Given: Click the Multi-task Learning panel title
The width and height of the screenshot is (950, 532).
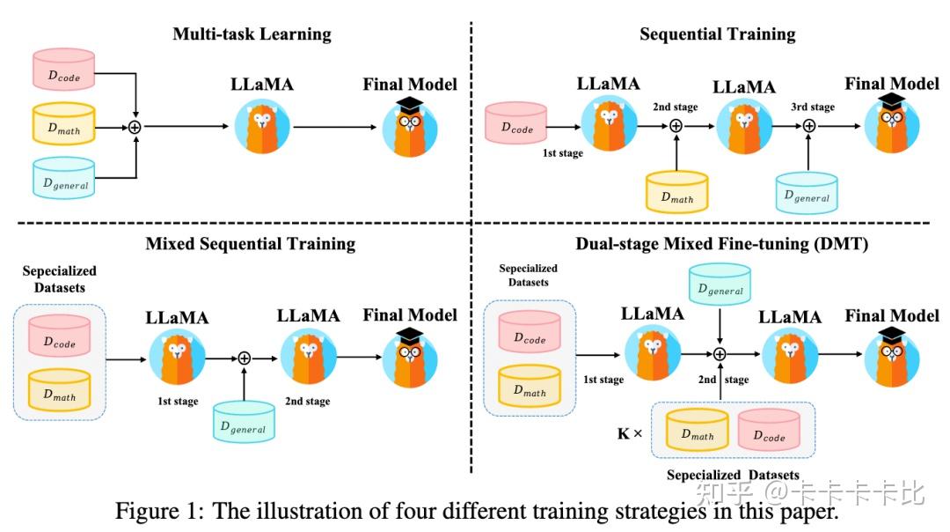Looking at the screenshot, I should pyautogui.click(x=252, y=35).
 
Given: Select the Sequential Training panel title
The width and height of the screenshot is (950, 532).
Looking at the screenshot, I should pyautogui.click(x=717, y=35).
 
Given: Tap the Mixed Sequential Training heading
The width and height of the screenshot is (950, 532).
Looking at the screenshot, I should pyautogui.click(x=251, y=244).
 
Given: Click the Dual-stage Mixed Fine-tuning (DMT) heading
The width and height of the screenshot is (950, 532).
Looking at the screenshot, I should pyautogui.click(x=721, y=244).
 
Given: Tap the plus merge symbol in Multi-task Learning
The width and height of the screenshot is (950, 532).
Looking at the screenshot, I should pyautogui.click(x=135, y=127).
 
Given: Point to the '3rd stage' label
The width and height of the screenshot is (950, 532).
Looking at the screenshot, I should pyautogui.click(x=809, y=107).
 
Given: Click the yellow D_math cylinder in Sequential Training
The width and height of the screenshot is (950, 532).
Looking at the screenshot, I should pyautogui.click(x=676, y=193).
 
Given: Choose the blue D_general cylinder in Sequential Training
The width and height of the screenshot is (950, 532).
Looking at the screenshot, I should pyautogui.click(x=807, y=193).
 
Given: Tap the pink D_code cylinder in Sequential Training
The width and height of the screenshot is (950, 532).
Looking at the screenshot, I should pyautogui.click(x=517, y=124).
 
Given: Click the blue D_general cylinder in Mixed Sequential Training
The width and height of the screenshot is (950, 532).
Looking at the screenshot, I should pyautogui.click(x=243, y=424).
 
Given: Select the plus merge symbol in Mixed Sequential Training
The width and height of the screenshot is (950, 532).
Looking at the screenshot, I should pyautogui.click(x=245, y=357).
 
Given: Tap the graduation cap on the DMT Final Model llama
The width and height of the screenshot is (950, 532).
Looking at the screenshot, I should pyautogui.click(x=892, y=334).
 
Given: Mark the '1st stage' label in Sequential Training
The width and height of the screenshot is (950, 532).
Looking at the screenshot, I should pyautogui.click(x=563, y=153).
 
